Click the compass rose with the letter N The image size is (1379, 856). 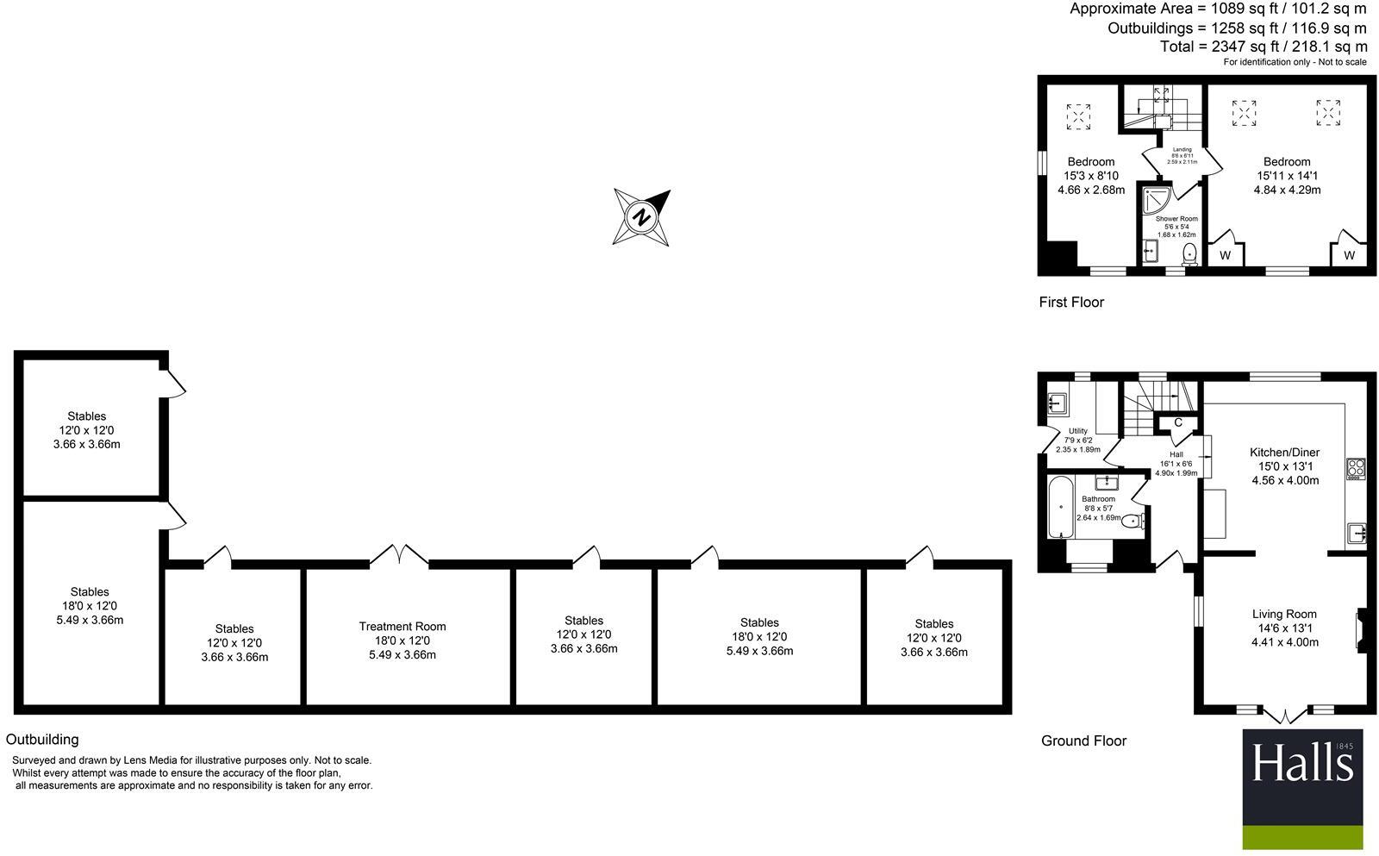[641, 216]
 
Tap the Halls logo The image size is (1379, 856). [1302, 789]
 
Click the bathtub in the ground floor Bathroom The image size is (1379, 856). [1060, 509]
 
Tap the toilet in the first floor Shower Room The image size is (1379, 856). [1190, 253]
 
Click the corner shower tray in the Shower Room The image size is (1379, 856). [1153, 203]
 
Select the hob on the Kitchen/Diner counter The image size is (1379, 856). [1356, 468]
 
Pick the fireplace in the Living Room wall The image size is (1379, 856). [1361, 628]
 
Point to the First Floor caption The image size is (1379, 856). [1071, 303]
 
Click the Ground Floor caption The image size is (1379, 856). [1083, 741]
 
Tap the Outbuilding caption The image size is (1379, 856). [42, 740]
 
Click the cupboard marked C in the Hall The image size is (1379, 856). [1178, 422]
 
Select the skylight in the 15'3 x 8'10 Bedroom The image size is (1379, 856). [1078, 116]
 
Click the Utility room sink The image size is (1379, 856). [1057, 403]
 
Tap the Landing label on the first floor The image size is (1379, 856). [1182, 150]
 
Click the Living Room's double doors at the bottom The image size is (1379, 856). [1283, 715]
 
